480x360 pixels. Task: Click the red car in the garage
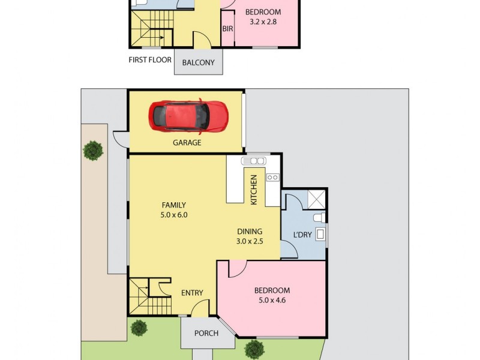point(188,116)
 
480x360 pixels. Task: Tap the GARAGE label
point(187,143)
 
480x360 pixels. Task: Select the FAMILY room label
point(173,205)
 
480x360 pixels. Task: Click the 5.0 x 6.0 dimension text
point(173,215)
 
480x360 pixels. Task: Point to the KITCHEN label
point(254,190)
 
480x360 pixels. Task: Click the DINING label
point(250,231)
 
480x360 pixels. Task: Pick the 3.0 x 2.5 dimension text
point(250,241)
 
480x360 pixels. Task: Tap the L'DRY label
point(302,235)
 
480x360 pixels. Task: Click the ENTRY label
point(192,293)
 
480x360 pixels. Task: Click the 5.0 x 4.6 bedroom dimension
point(272,300)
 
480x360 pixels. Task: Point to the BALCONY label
point(199,62)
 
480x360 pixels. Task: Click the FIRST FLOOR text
point(150,59)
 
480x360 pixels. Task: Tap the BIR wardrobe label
point(227,28)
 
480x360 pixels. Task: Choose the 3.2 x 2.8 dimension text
point(265,22)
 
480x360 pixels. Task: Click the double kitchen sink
point(254,161)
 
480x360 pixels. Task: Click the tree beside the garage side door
point(92,150)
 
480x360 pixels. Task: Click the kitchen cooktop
point(272,177)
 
